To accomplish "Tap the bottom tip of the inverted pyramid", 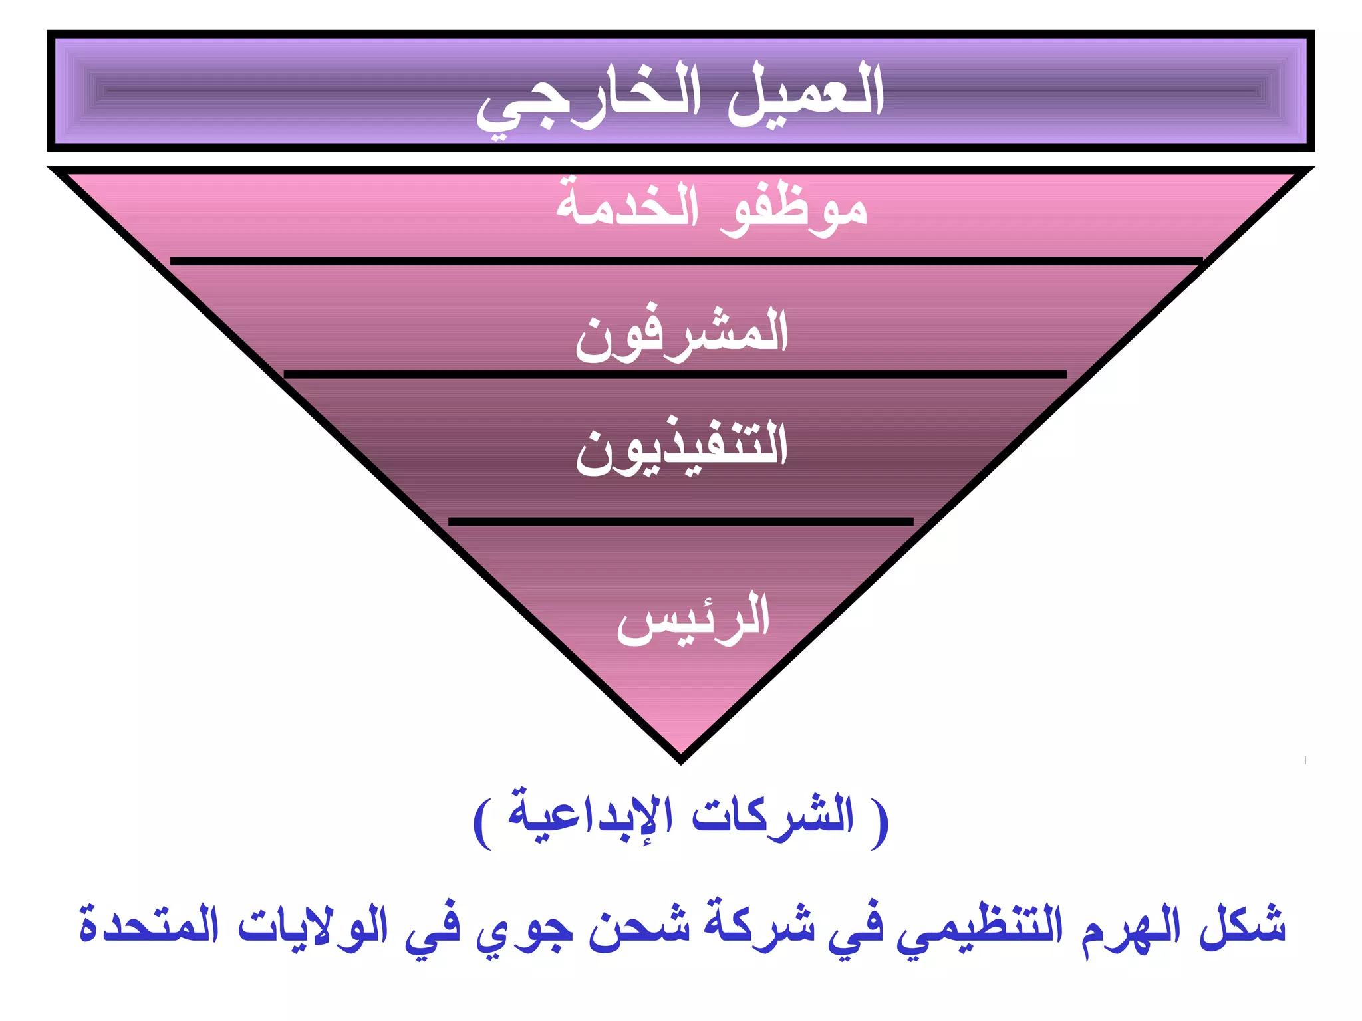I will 681,758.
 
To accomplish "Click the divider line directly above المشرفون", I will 685,261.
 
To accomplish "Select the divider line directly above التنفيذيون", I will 675,375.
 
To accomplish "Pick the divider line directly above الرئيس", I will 681,522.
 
